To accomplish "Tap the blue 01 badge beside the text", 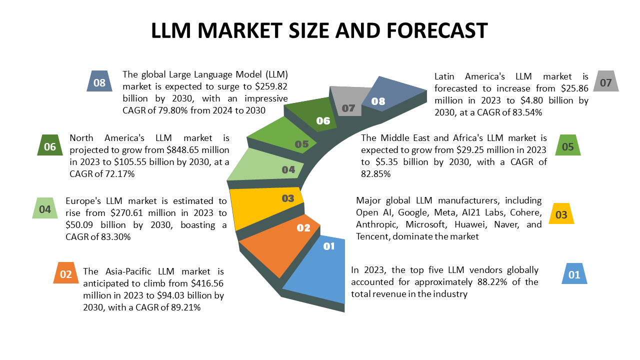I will tap(574, 274).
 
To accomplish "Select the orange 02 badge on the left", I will tap(66, 274).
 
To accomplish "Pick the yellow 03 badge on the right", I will tap(561, 214).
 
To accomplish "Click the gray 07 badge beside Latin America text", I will tap(605, 82).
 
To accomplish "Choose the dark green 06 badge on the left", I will tap(50, 146).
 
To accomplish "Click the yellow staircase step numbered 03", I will tap(265, 205).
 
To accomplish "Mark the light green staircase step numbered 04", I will tap(265, 167).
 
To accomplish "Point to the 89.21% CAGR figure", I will tap(184, 308).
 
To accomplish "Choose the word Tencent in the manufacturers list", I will tap(372, 236).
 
